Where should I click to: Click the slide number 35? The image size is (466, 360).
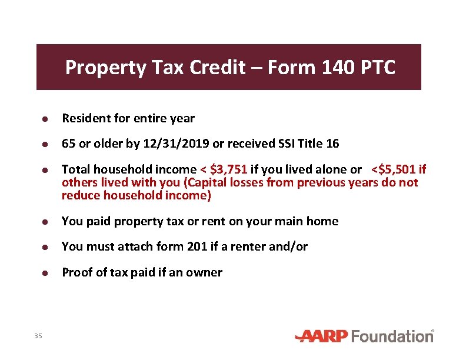tap(38, 336)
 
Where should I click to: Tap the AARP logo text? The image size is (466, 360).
tap(322, 336)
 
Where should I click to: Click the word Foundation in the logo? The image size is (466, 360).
tap(392, 336)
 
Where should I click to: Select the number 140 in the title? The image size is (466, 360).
tap(335, 68)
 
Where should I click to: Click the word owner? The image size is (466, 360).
tap(206, 272)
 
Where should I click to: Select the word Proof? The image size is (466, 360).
tap(76, 272)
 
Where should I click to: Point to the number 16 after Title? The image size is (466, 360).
tap(332, 144)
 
